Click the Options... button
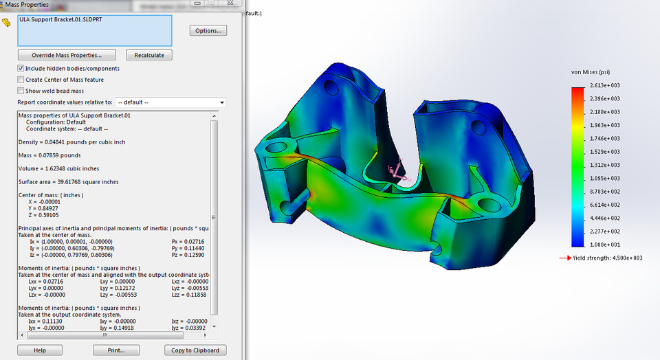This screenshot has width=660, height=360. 208,31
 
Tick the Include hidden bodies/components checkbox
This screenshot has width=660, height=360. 21,69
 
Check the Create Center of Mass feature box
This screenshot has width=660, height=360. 21,80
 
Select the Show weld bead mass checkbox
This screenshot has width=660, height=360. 21,91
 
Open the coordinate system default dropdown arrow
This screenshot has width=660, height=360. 221,102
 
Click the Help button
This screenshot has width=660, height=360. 39,350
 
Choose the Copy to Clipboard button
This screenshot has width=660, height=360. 196,350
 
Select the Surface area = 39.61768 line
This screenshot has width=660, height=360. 68,182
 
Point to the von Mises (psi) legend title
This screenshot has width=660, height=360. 591,71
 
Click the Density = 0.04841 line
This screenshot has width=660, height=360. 71,142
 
